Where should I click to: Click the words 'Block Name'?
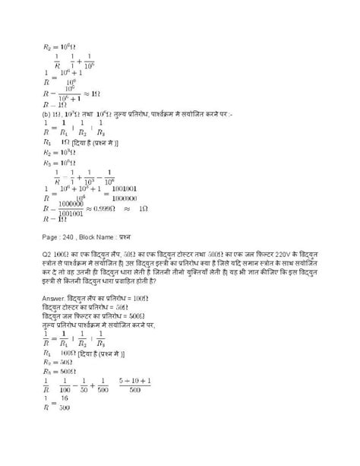click(x=104, y=236)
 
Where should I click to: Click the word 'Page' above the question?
click(x=50, y=236)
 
